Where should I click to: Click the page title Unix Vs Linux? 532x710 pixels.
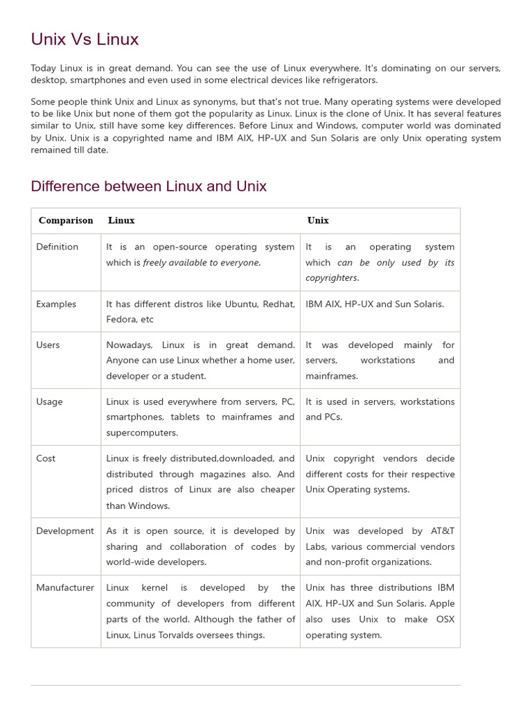tap(85, 40)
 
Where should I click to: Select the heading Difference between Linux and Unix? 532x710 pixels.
tap(148, 187)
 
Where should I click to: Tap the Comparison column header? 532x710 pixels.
tap(66, 220)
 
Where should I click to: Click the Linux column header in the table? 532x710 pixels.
tap(121, 220)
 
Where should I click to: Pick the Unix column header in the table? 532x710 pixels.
tap(318, 220)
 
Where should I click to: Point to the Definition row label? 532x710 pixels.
tap(57, 247)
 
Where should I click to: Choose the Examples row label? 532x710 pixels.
tap(56, 304)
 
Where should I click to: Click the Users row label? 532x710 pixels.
tap(48, 345)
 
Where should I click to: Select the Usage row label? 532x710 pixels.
tap(49, 401)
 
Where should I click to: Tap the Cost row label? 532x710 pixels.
tap(46, 458)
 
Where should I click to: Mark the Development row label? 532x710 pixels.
tap(65, 531)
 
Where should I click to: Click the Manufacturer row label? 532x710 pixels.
tap(65, 588)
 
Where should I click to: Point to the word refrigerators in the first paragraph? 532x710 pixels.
tap(348, 80)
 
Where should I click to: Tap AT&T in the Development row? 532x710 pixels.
tap(443, 531)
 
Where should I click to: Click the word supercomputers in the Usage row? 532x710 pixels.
tap(142, 433)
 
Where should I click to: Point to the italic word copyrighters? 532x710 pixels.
tap(332, 278)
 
